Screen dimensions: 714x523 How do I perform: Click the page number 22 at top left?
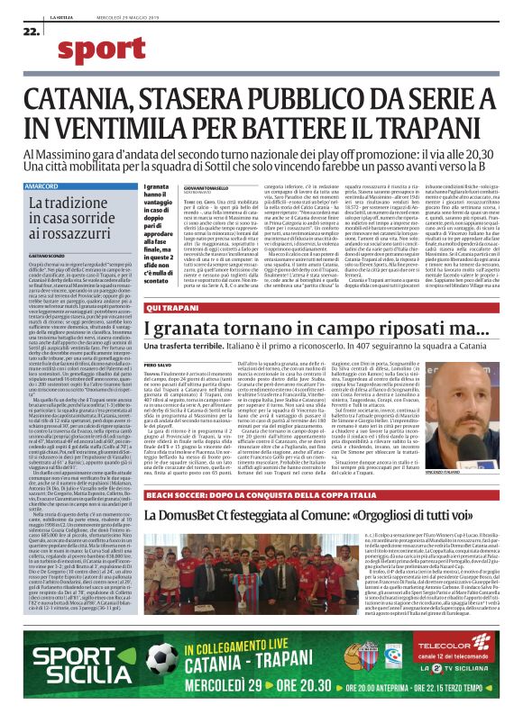(31, 31)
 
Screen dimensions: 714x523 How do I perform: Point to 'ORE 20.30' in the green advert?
(314, 682)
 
